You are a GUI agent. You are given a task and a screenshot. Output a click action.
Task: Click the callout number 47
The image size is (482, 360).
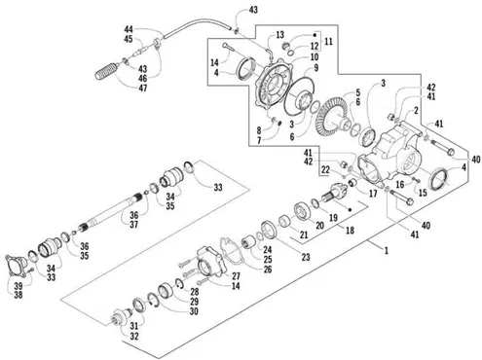[143, 88]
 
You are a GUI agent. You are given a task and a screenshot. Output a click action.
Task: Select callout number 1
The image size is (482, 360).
[387, 251]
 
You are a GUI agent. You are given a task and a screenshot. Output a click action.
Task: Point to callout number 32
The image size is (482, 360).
[134, 337]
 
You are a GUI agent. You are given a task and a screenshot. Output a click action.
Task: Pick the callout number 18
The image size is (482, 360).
[350, 231]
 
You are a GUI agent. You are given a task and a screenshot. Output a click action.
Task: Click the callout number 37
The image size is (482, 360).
[133, 224]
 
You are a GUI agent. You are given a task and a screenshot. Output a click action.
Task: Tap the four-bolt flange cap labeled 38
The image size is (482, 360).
[16, 267]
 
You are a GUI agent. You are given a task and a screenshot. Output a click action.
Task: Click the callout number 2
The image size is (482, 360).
[416, 111]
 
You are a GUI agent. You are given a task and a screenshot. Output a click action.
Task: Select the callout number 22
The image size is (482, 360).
[325, 169]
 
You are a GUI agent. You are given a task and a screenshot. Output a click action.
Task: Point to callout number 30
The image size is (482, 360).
[194, 311]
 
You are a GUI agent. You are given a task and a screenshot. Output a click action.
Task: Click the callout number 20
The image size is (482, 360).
[320, 225]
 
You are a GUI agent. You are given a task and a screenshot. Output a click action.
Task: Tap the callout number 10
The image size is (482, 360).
[315, 57]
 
